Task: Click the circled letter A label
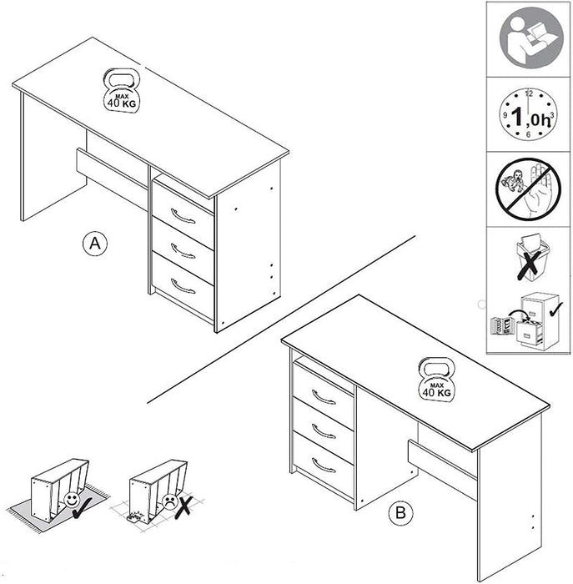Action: click(x=96, y=244)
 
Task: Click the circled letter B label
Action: click(x=402, y=514)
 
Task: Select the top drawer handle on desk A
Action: click(x=183, y=219)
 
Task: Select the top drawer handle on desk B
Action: click(x=324, y=398)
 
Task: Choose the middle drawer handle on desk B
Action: click(x=324, y=433)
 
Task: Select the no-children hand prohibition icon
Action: click(x=529, y=189)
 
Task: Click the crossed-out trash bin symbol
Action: click(x=529, y=258)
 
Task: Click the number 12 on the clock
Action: click(x=529, y=94)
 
